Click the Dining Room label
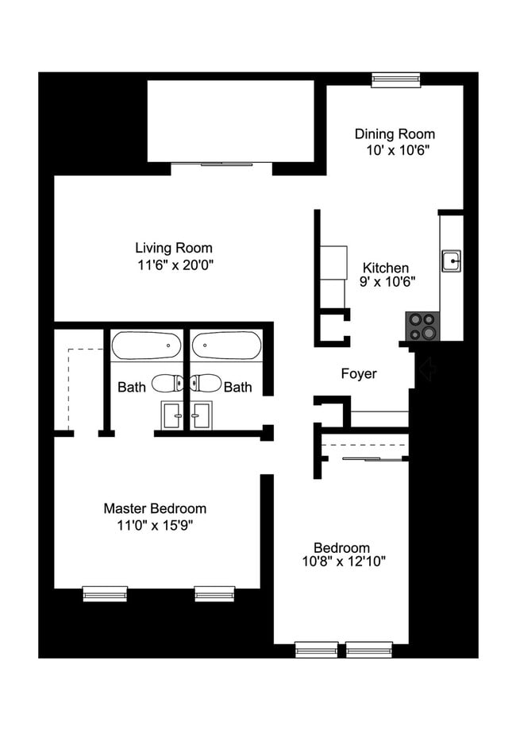pyautogui.click(x=395, y=134)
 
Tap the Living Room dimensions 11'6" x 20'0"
pyautogui.click(x=174, y=264)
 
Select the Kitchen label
pyautogui.click(x=386, y=268)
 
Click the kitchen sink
pyautogui.click(x=452, y=259)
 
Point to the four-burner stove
pyautogui.click(x=422, y=326)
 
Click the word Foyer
pyautogui.click(x=359, y=373)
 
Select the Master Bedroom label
pyautogui.click(x=155, y=508)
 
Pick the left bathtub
pyautogui.click(x=146, y=346)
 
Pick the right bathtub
pyautogui.click(x=225, y=346)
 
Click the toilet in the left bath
pyautogui.click(x=167, y=384)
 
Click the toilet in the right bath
pyautogui.click(x=205, y=384)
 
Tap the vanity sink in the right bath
pyautogui.click(x=200, y=414)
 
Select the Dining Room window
pyautogui.click(x=395, y=79)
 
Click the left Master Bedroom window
pyautogui.click(x=105, y=593)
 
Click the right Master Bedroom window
pyautogui.click(x=214, y=593)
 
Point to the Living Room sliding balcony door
pyautogui.click(x=221, y=165)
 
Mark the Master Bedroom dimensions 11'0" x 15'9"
pyautogui.click(x=155, y=524)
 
